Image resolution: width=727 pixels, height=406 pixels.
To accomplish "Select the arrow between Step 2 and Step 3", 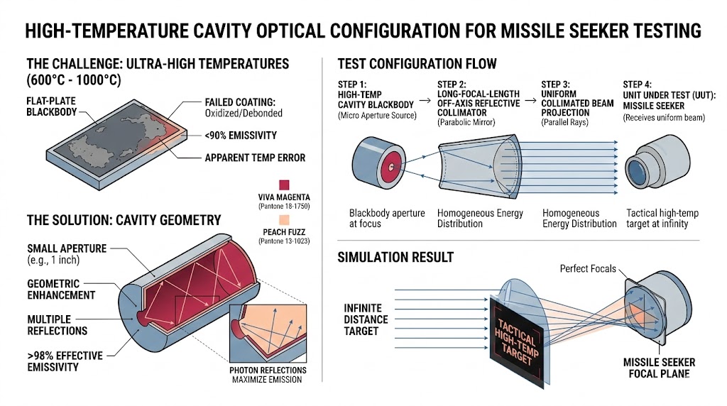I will pos(530,101).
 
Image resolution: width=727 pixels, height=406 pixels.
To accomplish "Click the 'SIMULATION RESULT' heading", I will pos(395,256).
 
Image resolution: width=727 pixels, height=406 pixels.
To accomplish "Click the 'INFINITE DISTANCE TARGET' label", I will pos(366,319).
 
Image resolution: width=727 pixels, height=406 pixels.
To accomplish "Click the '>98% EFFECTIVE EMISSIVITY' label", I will pos(65,361).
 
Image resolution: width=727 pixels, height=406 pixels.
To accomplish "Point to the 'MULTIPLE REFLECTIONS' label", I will pos(58,324).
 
